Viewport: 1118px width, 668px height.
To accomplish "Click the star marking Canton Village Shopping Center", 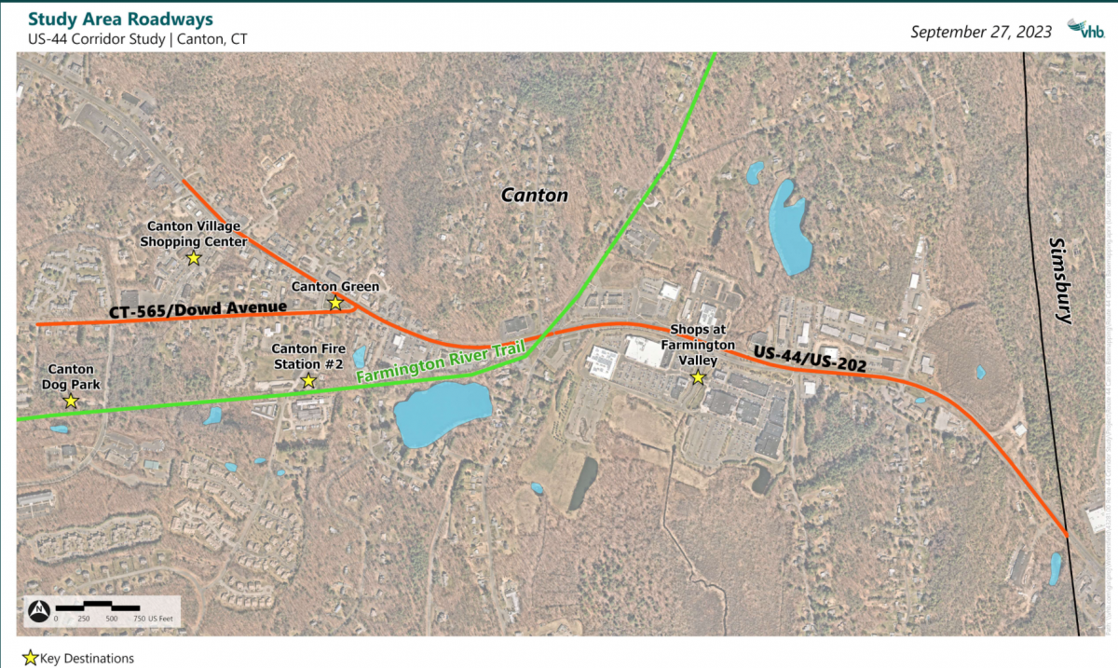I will [194, 257].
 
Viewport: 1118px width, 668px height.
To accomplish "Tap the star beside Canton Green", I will [335, 303].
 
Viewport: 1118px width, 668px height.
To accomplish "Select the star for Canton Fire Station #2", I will [308, 380].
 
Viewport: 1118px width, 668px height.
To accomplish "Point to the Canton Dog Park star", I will [71, 401].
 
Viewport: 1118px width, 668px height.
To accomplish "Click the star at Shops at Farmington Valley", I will [697, 376].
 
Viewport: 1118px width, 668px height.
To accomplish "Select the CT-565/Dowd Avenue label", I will [198, 308].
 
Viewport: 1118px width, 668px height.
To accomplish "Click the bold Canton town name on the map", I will [534, 196].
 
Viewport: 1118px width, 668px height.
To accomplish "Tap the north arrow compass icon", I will [39, 610].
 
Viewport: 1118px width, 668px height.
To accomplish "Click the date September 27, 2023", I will [981, 32].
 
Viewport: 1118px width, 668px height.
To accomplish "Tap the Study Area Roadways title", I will [120, 20].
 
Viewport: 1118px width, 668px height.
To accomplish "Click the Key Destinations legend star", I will [31, 658].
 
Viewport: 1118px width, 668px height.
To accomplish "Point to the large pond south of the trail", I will [443, 414].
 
